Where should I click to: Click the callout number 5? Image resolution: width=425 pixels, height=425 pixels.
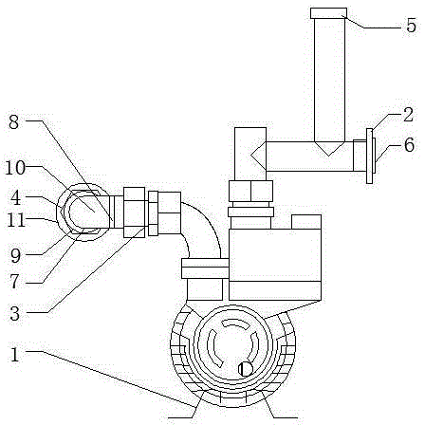point(411,26)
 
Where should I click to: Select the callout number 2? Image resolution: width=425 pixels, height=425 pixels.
point(408,115)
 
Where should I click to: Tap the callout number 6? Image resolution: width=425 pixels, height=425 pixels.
point(409,145)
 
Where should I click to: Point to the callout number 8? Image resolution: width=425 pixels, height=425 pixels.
point(13,122)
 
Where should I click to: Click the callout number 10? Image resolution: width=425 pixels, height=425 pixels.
point(15,168)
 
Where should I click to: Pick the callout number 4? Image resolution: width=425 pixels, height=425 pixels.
point(15,198)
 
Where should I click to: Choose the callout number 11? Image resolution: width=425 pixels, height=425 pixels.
point(16,220)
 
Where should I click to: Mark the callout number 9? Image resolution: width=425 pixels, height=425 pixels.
point(15,255)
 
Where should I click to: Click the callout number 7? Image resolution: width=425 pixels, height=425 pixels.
point(14,281)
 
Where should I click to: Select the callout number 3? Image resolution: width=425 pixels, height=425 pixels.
point(14,314)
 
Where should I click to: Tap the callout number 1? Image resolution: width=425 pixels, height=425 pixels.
point(15,355)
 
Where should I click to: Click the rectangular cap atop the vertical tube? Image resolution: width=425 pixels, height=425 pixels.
point(328,13)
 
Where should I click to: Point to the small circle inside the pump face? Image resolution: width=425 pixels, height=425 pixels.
point(246,369)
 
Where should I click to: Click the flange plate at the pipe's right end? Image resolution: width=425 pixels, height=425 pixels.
point(369,156)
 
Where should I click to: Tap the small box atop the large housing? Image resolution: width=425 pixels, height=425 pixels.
point(306,222)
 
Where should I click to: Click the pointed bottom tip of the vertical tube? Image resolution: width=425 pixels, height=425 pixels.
point(329,156)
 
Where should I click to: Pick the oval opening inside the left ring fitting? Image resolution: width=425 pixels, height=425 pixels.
point(83,212)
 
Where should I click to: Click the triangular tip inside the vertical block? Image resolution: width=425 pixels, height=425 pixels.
point(251,155)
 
